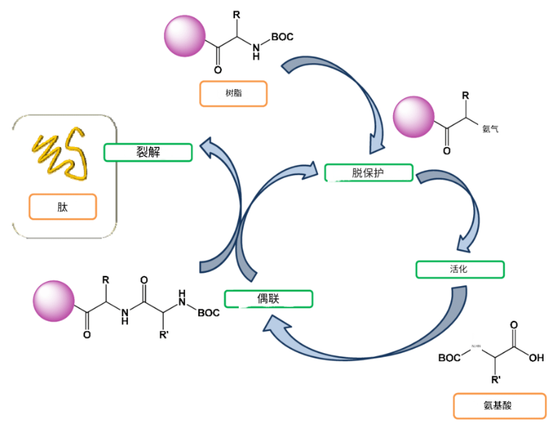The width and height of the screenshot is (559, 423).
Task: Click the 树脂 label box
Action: point(233,93)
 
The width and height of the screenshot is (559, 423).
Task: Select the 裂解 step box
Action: point(148,152)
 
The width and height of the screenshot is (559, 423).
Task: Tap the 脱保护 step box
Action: point(368,173)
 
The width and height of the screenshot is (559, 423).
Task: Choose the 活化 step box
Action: point(460,269)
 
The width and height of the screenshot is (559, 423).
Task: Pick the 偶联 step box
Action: point(268,299)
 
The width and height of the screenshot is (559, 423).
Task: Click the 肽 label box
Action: point(62,207)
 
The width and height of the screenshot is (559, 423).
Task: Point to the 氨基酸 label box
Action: point(500,406)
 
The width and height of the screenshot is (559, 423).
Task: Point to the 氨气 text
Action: point(491,129)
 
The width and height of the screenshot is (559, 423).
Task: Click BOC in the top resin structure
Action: point(283,35)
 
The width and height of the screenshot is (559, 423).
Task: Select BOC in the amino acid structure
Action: point(451,358)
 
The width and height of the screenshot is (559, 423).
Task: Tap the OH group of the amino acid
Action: point(535,358)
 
